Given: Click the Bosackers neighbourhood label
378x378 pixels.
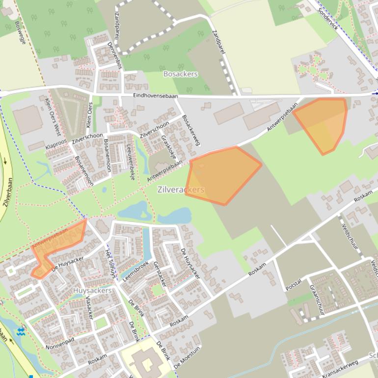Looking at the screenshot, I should [180, 74].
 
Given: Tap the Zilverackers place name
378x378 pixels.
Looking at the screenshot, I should [181, 189].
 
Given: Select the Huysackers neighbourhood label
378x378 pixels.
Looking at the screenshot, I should [92, 291].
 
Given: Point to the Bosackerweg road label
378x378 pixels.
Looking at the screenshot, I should [191, 131].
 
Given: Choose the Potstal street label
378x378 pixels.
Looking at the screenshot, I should [293, 285].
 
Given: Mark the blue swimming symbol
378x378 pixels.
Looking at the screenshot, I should [21, 332].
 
